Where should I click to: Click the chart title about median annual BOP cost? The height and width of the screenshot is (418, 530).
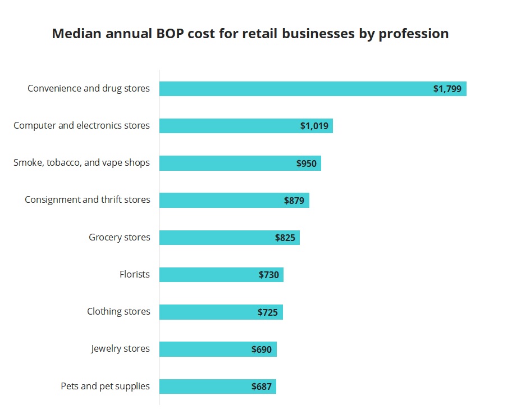(x=250, y=34)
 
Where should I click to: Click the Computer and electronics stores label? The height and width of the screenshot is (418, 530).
(x=82, y=125)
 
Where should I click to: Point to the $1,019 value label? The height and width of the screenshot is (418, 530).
(x=314, y=126)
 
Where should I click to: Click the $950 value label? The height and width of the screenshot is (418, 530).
(x=307, y=163)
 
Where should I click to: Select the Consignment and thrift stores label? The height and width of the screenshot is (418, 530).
(x=88, y=199)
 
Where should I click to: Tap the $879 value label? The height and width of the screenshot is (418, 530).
(x=294, y=201)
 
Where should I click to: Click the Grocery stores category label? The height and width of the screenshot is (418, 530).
(x=120, y=237)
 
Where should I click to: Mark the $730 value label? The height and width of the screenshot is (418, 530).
(x=269, y=275)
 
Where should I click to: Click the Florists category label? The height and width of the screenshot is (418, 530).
(x=135, y=274)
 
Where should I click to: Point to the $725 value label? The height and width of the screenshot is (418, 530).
(x=268, y=312)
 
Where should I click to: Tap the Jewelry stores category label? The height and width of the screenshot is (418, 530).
(x=121, y=348)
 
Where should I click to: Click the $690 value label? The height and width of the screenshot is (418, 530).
(x=262, y=349)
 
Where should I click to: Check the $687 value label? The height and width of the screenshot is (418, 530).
(x=262, y=387)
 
